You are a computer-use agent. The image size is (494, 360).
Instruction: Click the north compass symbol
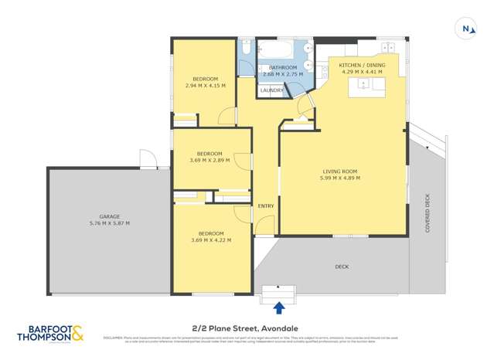tap(466, 28)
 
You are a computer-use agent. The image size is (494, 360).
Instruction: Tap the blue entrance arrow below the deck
tap(279, 307)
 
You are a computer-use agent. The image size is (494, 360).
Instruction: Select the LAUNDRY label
tap(271, 90)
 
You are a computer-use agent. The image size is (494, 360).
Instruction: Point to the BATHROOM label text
tap(283, 67)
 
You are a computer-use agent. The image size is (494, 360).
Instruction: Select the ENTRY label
tap(265, 205)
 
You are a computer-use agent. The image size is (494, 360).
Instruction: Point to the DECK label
tap(342, 267)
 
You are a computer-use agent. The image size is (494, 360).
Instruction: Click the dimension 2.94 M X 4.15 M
tap(205, 85)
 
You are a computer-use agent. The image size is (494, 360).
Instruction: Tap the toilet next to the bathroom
tap(244, 49)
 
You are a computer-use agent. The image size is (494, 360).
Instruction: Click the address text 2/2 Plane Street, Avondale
tap(246, 328)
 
